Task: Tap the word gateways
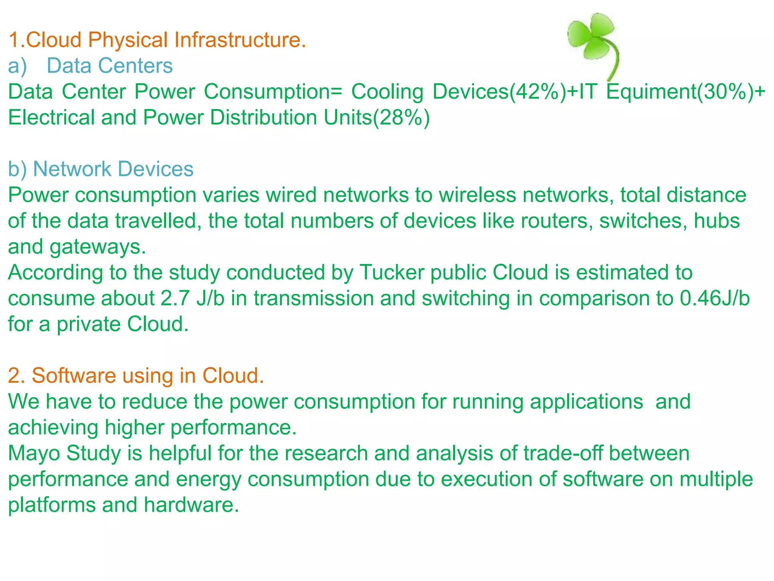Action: (98, 247)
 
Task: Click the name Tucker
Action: (392, 273)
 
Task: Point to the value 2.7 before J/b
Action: (175, 298)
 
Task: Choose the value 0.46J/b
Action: (715, 298)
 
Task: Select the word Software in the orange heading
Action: (74, 376)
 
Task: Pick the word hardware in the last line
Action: (191, 505)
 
